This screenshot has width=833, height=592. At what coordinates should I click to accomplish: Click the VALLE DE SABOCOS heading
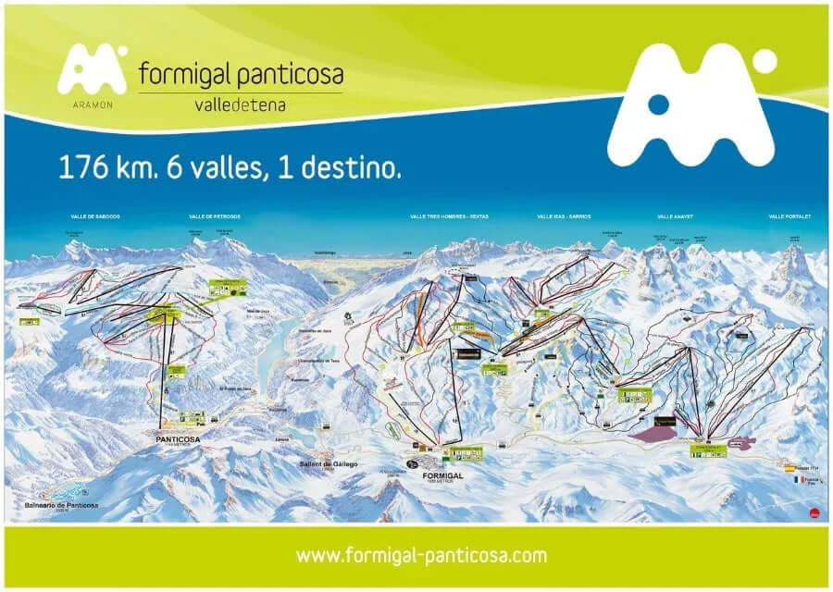click(x=95, y=216)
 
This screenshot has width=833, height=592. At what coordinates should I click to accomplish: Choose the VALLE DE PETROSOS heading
click(x=214, y=216)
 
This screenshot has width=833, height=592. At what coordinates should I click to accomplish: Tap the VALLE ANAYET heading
click(x=675, y=216)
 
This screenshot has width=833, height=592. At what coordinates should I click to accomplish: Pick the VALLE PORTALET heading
click(x=789, y=216)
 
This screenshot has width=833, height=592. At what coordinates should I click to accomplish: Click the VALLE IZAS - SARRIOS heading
click(x=564, y=216)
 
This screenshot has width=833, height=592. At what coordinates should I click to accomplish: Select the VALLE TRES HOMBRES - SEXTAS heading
click(x=449, y=216)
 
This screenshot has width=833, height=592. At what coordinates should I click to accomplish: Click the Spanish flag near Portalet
click(x=789, y=469)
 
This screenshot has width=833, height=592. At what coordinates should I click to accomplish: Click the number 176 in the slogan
click(x=79, y=167)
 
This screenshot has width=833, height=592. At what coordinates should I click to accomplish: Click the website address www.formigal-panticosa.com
click(x=421, y=556)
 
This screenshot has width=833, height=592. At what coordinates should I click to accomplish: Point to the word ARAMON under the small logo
click(x=91, y=105)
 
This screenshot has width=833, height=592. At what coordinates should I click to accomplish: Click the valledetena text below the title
click(x=240, y=105)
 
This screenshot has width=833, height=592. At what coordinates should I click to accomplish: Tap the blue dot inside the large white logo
click(x=657, y=104)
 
